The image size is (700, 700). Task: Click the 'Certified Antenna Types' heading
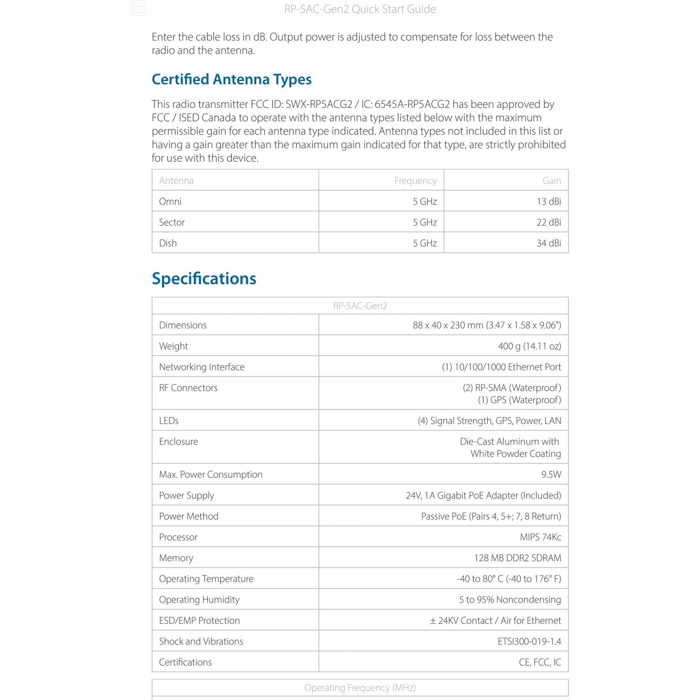[x=232, y=79]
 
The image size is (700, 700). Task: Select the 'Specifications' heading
[x=204, y=279]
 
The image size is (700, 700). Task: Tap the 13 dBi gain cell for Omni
[x=548, y=202]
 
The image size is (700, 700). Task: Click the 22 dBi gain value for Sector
[x=548, y=222]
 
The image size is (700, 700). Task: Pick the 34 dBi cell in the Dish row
[x=548, y=243]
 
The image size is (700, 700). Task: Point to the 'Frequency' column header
[x=415, y=181]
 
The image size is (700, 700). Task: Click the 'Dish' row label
[x=168, y=243]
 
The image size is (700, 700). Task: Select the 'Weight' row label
[x=173, y=346]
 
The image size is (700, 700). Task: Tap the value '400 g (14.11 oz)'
[x=529, y=346]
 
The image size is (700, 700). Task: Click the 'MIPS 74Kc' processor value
[x=540, y=537]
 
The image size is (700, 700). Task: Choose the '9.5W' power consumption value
[x=551, y=475]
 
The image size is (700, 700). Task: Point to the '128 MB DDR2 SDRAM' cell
[x=517, y=558]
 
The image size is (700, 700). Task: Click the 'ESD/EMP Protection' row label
[x=200, y=621]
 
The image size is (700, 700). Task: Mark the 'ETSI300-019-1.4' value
[x=529, y=641]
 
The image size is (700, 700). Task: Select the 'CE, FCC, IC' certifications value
[x=540, y=662]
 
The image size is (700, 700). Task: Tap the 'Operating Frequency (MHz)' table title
[x=360, y=688]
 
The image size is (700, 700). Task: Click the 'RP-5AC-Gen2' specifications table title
[x=360, y=306]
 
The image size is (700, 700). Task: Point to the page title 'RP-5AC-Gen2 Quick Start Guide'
[x=360, y=9]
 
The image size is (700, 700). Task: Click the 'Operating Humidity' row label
[x=199, y=600]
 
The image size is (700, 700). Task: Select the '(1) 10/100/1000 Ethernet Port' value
[x=501, y=367]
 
